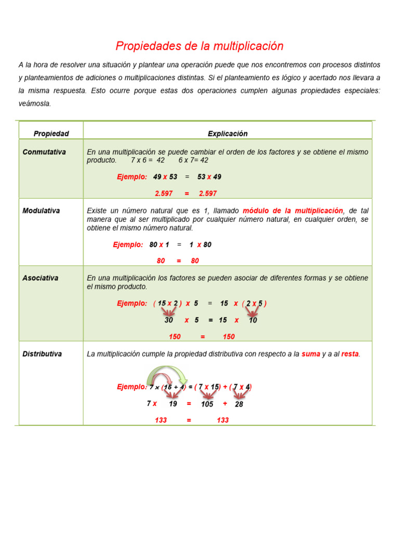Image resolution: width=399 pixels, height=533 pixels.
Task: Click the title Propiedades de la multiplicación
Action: pos(199,46)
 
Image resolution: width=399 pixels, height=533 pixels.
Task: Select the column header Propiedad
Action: pos(51,134)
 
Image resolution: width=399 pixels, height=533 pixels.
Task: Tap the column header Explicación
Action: pos(228,134)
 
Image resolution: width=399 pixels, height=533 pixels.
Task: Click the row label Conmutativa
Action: pos(44,152)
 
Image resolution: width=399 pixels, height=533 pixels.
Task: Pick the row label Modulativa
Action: pos(41,211)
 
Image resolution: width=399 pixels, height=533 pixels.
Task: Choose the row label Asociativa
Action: pos(41,278)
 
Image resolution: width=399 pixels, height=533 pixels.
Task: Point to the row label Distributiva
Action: pos(42,354)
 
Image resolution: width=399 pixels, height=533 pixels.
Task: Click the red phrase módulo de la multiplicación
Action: pos(293,211)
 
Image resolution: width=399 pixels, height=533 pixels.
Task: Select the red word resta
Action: pos(350,354)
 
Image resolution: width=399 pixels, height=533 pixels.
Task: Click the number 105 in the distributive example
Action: pos(207,404)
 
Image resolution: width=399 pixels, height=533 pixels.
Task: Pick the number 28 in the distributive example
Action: pos(239,404)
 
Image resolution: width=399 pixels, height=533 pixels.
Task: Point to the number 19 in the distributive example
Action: pos(173,404)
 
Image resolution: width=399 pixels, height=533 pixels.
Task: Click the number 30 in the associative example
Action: pos(169,321)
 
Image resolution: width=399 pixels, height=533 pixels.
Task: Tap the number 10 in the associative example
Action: pos(253,321)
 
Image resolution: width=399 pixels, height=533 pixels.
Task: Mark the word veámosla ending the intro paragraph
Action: pos(35,104)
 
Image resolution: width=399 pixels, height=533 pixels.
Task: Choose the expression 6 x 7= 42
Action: pos(193,160)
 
